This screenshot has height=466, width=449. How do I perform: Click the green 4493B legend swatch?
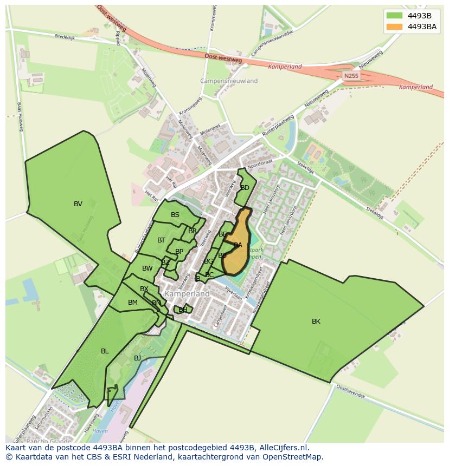[x=395, y=16]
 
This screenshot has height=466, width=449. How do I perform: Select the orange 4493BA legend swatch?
[x=395, y=27]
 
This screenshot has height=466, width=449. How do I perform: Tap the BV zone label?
[x=78, y=204]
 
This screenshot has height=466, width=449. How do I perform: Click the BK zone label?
[x=316, y=321]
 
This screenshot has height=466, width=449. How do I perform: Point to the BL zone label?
[x=105, y=351]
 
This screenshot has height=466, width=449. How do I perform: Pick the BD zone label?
[x=245, y=188]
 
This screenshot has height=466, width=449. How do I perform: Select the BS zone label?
[x=175, y=215]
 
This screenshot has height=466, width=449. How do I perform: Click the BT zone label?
[x=161, y=240]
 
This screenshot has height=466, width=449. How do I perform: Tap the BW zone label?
[x=147, y=268]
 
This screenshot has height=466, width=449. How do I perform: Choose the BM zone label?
[x=133, y=303]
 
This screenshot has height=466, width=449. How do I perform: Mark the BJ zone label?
[x=137, y=358]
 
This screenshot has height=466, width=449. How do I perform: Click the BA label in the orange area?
[x=238, y=245]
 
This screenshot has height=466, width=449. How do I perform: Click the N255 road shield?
[x=351, y=76]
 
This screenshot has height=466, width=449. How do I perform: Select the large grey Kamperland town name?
[x=187, y=293]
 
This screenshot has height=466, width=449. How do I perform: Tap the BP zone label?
[x=179, y=252]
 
